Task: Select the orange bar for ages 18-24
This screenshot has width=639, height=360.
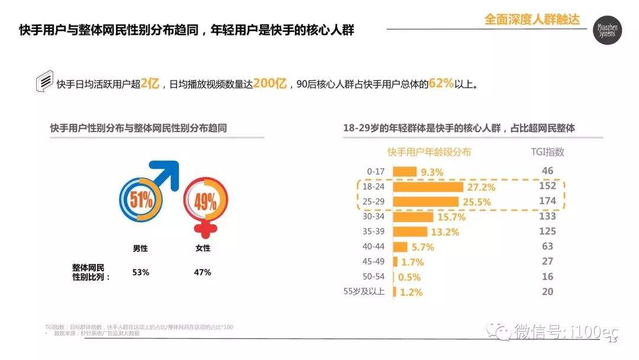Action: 428,187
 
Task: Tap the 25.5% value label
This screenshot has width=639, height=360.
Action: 476,203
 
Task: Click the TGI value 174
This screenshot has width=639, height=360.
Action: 547,201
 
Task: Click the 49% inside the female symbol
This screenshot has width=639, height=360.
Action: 205,202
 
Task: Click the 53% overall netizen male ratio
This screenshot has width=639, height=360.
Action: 141,272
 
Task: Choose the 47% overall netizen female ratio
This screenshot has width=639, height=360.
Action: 202,272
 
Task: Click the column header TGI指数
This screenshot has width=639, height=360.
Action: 547,152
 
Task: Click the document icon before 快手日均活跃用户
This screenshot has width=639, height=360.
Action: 44,83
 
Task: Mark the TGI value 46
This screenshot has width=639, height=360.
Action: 547,171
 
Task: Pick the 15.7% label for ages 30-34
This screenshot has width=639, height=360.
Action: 451,218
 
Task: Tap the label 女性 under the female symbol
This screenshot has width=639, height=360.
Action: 202,248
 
